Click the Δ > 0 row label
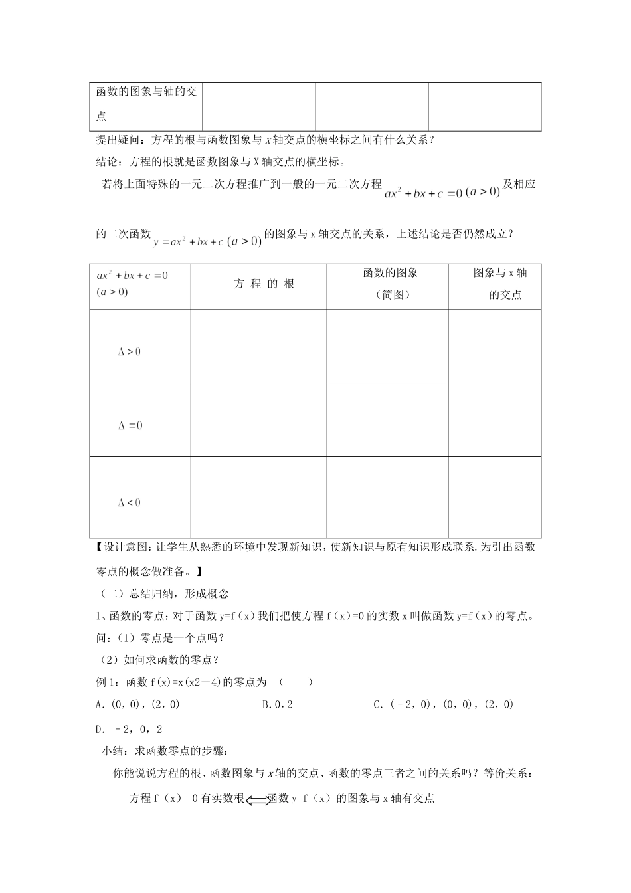click(x=130, y=352)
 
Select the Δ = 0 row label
click(x=130, y=426)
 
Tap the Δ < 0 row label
click(x=130, y=503)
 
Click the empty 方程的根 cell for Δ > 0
click(x=258, y=346)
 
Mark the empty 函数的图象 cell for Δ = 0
click(x=387, y=420)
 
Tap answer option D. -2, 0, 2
click(x=130, y=729)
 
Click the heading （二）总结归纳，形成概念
click(x=163, y=593)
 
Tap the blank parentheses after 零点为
click(x=296, y=682)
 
